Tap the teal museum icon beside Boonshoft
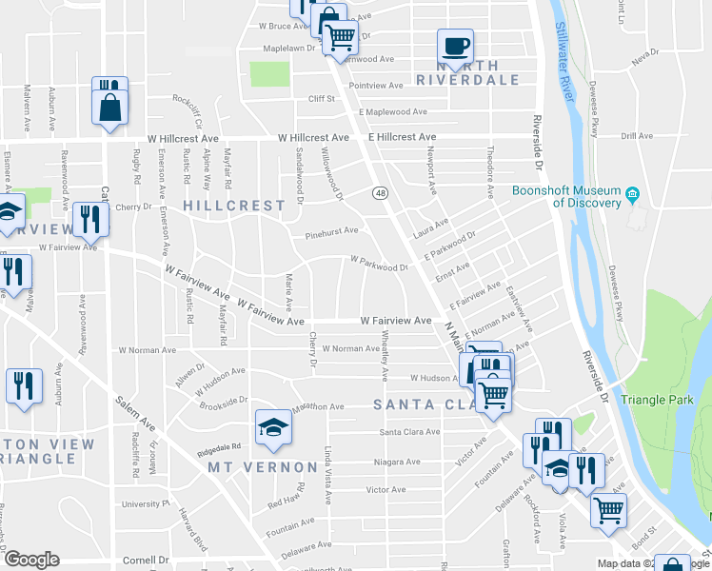(x=631, y=196)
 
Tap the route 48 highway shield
(x=380, y=193)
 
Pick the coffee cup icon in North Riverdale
(x=455, y=46)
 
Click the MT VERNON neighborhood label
(x=263, y=467)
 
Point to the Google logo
(x=31, y=560)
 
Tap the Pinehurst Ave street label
(x=331, y=230)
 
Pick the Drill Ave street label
(x=637, y=136)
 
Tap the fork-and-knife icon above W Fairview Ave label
(x=91, y=217)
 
